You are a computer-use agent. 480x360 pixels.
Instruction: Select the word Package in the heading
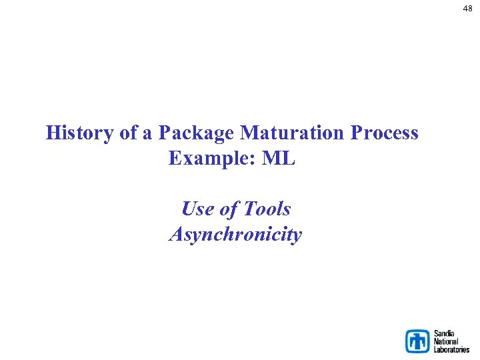[196, 133]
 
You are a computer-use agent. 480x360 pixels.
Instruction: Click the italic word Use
[197, 209]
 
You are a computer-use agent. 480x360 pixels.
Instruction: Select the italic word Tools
[267, 209]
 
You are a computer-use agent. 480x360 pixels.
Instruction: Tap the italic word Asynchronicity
[235, 235]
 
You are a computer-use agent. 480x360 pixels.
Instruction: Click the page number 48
[468, 9]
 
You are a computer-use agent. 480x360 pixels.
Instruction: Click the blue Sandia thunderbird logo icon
[418, 341]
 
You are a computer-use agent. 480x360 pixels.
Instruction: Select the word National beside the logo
[447, 341]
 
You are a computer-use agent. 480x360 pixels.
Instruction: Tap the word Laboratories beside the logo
[451, 349]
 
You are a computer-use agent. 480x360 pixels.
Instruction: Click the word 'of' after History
[127, 133]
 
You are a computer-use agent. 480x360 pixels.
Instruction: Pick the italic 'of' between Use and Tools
[228, 209]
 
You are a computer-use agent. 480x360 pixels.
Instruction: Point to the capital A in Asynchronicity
[176, 235]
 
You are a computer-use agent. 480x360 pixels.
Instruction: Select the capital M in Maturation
[248, 133]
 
